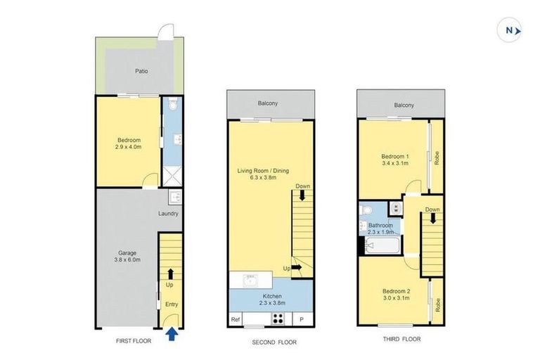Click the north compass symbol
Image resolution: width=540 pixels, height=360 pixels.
coord(511,30)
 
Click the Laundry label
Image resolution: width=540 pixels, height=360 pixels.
coord(168,214)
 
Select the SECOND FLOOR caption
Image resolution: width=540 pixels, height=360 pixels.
coord(271,342)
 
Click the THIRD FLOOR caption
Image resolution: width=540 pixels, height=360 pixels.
coord(401,338)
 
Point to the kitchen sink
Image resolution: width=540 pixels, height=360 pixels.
coord(250,281)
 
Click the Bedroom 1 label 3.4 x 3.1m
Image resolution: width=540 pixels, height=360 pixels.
coord(394,160)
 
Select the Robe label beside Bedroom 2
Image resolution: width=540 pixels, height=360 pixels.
coord(437,305)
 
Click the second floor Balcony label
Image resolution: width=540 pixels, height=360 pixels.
coord(269,103)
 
